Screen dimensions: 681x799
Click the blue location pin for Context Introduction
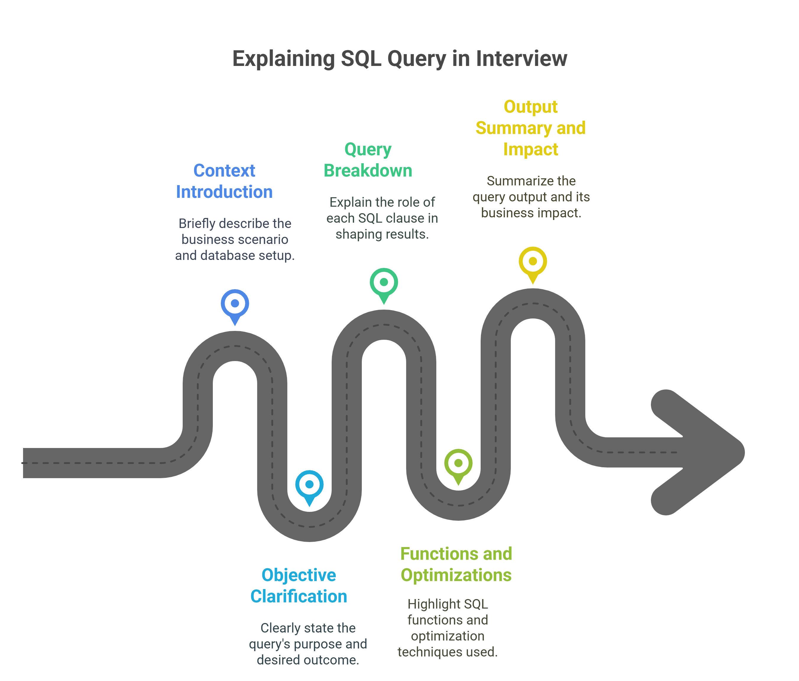coord(235,305)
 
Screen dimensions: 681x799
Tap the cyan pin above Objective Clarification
coord(309,486)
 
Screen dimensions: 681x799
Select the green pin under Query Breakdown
coord(384,284)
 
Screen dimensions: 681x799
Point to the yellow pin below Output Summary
coord(533,262)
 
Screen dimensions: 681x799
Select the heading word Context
coord(224,171)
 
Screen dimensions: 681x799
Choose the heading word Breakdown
coord(368,171)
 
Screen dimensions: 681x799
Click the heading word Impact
coord(531,149)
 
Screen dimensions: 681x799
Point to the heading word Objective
coord(299,575)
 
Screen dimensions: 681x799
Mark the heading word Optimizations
coord(456,575)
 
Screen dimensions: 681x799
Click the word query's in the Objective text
coord(269,644)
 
